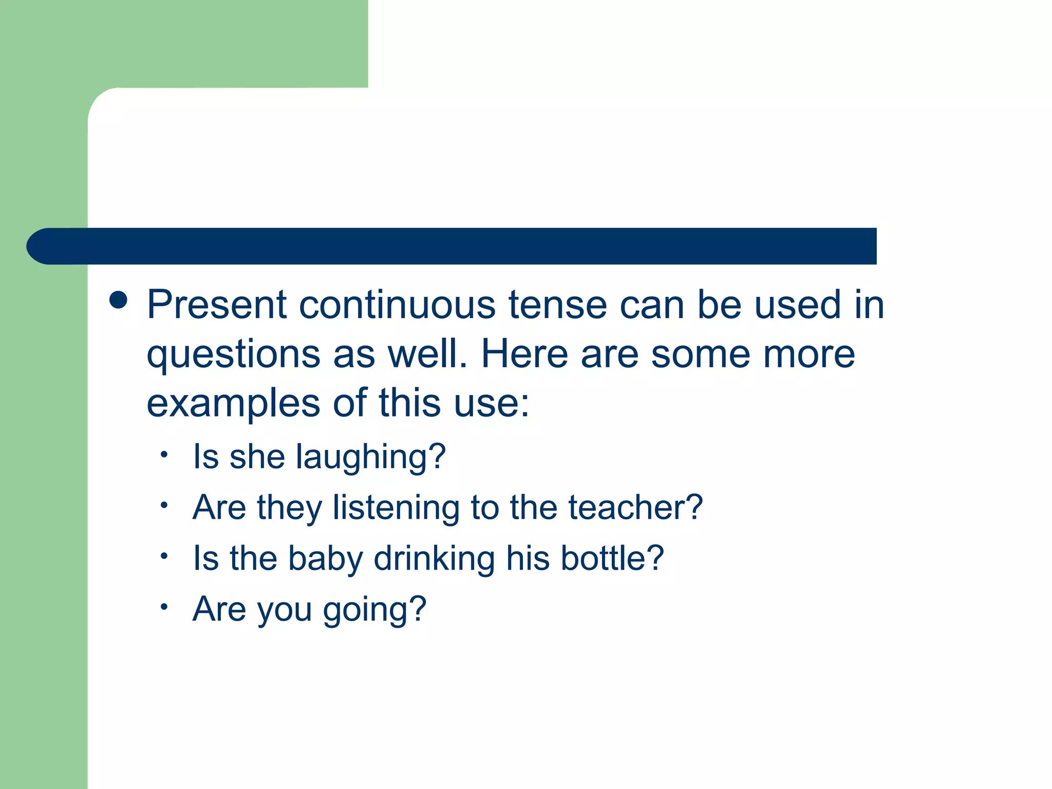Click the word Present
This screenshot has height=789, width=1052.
[216, 305]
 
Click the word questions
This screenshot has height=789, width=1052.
[233, 355]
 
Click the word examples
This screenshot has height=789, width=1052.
[233, 404]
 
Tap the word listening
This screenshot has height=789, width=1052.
[396, 508]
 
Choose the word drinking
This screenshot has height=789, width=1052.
[435, 559]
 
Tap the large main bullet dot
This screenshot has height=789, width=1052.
[119, 300]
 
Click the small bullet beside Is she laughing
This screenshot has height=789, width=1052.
[164, 454]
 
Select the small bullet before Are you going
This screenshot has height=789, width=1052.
[164, 607]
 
